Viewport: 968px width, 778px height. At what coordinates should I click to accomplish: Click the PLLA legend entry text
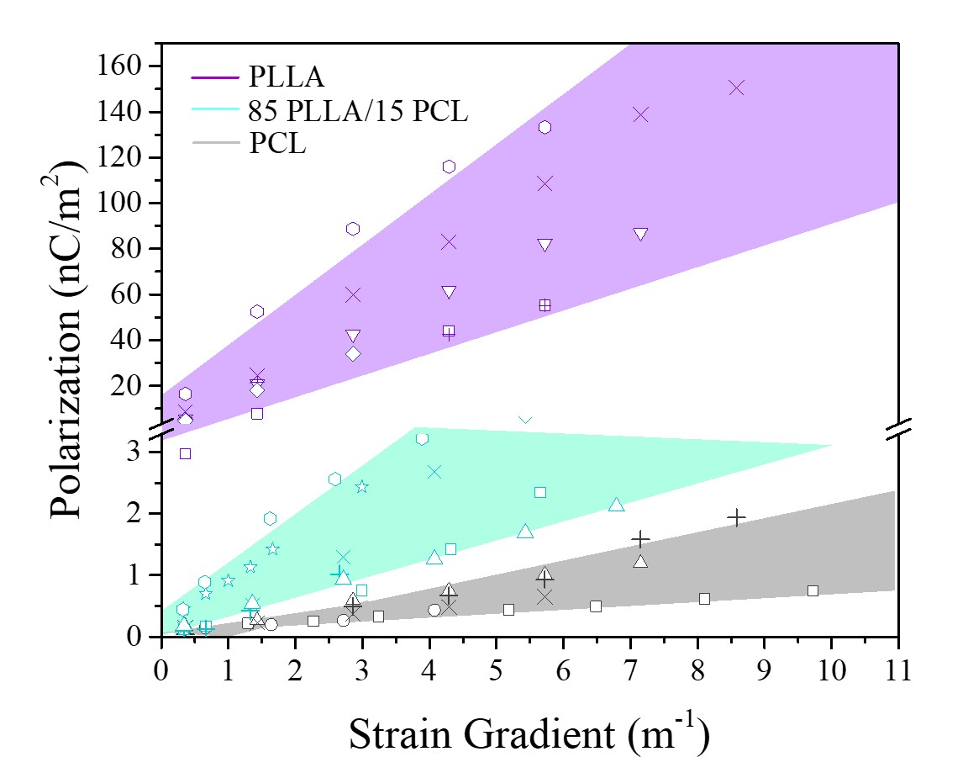[x=286, y=77]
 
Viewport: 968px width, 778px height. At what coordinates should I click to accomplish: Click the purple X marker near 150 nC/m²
[x=737, y=87]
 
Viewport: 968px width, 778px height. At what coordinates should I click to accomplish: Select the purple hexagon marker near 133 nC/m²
[x=544, y=127]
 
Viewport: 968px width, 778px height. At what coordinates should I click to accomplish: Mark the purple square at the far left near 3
[x=186, y=453]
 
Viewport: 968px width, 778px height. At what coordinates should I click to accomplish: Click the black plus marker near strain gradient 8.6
[x=737, y=517]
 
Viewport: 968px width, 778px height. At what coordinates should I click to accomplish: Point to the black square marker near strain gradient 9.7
[x=813, y=590]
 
